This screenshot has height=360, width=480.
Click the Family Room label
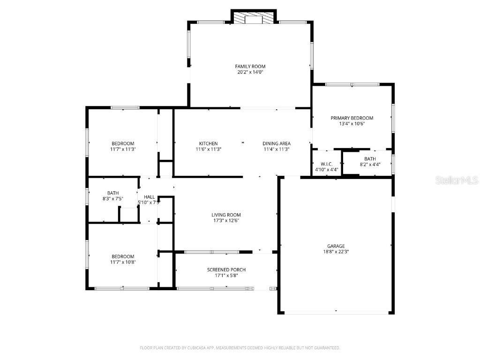tap(250, 67)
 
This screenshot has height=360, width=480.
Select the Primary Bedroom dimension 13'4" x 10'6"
tap(352, 124)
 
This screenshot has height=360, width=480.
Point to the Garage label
tap(336, 246)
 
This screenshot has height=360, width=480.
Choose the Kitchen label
tap(208, 143)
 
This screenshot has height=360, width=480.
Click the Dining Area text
tap(277, 143)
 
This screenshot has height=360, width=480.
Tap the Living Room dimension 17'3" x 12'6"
tap(226, 221)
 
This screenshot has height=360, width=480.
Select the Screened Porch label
tap(226, 270)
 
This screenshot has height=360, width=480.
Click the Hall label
tap(149, 197)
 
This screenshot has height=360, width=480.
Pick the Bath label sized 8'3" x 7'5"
tap(112, 193)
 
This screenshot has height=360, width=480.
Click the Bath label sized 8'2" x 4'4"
tap(370, 159)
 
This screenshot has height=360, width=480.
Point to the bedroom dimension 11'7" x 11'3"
tap(123, 149)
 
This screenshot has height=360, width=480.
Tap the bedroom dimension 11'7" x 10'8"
tap(123, 262)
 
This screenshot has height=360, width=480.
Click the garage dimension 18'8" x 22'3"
tap(336, 252)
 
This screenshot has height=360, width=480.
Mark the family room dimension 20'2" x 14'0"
tap(250, 72)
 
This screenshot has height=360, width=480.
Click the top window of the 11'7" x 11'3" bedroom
tap(125, 108)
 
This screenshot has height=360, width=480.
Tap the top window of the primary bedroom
tap(352, 84)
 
